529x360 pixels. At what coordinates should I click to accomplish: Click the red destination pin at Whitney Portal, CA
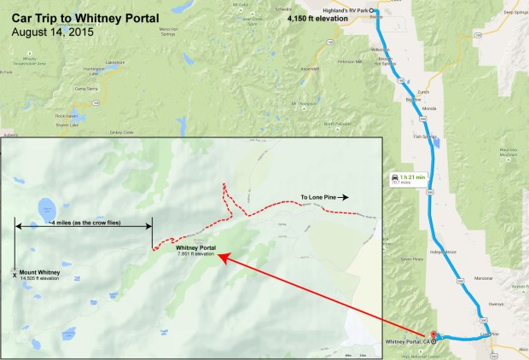click(x=433, y=334)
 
